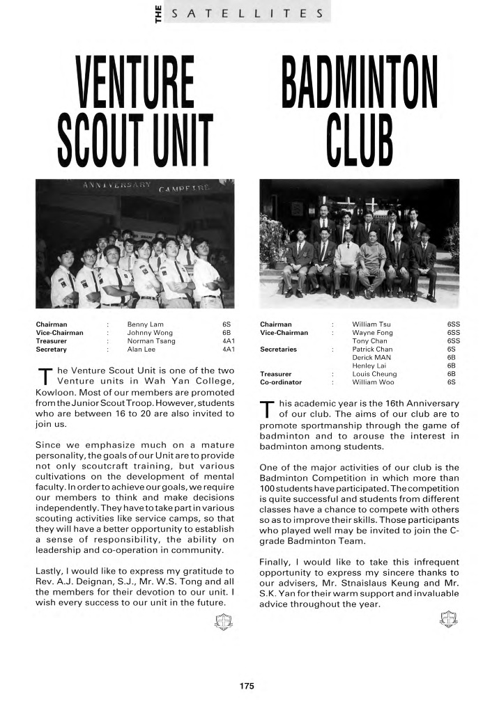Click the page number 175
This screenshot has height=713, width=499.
click(x=246, y=686)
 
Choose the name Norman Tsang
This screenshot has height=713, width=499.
click(x=151, y=341)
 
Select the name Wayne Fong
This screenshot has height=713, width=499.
click(x=373, y=333)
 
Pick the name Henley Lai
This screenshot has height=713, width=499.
click(x=369, y=365)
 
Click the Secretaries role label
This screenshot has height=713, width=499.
click(x=279, y=349)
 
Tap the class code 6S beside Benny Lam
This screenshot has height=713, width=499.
click(x=226, y=324)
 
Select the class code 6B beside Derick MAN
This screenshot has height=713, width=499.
click(x=451, y=356)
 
